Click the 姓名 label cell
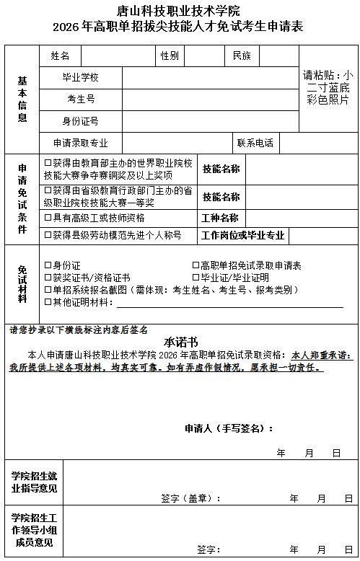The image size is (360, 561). coord(60,56)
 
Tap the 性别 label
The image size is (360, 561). coord(170,56)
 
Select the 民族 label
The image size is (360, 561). coord(242,56)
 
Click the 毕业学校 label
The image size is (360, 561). coord(80,77)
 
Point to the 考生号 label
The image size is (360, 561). coord(81,99)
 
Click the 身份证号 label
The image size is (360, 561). coord(80,121)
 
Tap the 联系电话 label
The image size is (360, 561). coord(255,143)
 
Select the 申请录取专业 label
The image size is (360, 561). coord(80,143)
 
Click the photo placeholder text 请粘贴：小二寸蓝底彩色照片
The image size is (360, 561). coord(328,87)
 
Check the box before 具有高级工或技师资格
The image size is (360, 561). coord(48,217)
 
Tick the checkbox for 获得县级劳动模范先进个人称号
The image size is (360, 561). coord(48,235)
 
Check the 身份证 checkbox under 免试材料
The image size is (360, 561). coord(48,265)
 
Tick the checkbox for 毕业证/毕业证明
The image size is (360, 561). coord(196,278)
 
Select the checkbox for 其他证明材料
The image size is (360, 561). coord(48,301)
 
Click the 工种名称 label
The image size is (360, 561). coord(220,218)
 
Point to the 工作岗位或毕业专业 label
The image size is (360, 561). coord(243,235)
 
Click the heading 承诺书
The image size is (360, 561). coord(180,342)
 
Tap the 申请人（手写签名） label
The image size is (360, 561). coord(229,429)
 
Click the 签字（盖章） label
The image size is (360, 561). coord(190,498)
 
